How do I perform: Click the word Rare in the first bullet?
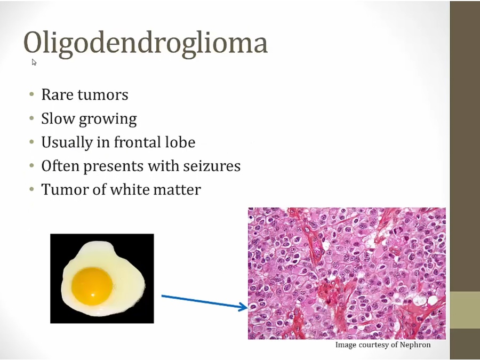click(57, 94)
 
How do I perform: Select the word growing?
click(108, 119)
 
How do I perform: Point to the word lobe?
click(179, 142)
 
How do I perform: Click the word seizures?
click(212, 166)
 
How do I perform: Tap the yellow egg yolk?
click(92, 286)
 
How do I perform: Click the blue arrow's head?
click(243, 307)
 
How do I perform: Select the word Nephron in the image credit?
click(415, 345)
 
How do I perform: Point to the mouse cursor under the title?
click(34, 62)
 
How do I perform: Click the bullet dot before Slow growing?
click(32, 118)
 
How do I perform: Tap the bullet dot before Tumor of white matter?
click(32, 189)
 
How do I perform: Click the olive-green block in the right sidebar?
click(465, 310)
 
